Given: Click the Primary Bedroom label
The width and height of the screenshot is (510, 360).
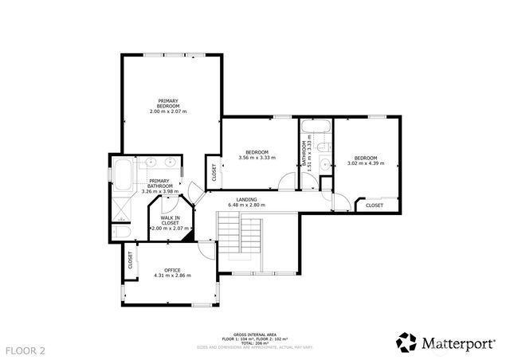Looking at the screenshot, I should [167, 104].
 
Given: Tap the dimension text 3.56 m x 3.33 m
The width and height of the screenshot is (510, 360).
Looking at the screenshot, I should [257, 158].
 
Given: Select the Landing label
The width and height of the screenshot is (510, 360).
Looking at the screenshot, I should [245, 200].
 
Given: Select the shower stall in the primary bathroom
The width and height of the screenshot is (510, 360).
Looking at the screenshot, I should [121, 209].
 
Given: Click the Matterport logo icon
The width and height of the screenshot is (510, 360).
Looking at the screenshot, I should [407, 342].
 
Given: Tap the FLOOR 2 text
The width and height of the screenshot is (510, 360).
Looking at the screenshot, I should [26, 350].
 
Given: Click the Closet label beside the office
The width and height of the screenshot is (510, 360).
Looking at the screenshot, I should [129, 260].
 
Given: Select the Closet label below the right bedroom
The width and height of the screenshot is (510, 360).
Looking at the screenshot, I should [374, 205].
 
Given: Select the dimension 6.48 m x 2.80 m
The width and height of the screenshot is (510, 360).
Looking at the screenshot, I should [245, 205].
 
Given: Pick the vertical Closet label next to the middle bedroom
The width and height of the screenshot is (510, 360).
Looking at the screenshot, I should [214, 172].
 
